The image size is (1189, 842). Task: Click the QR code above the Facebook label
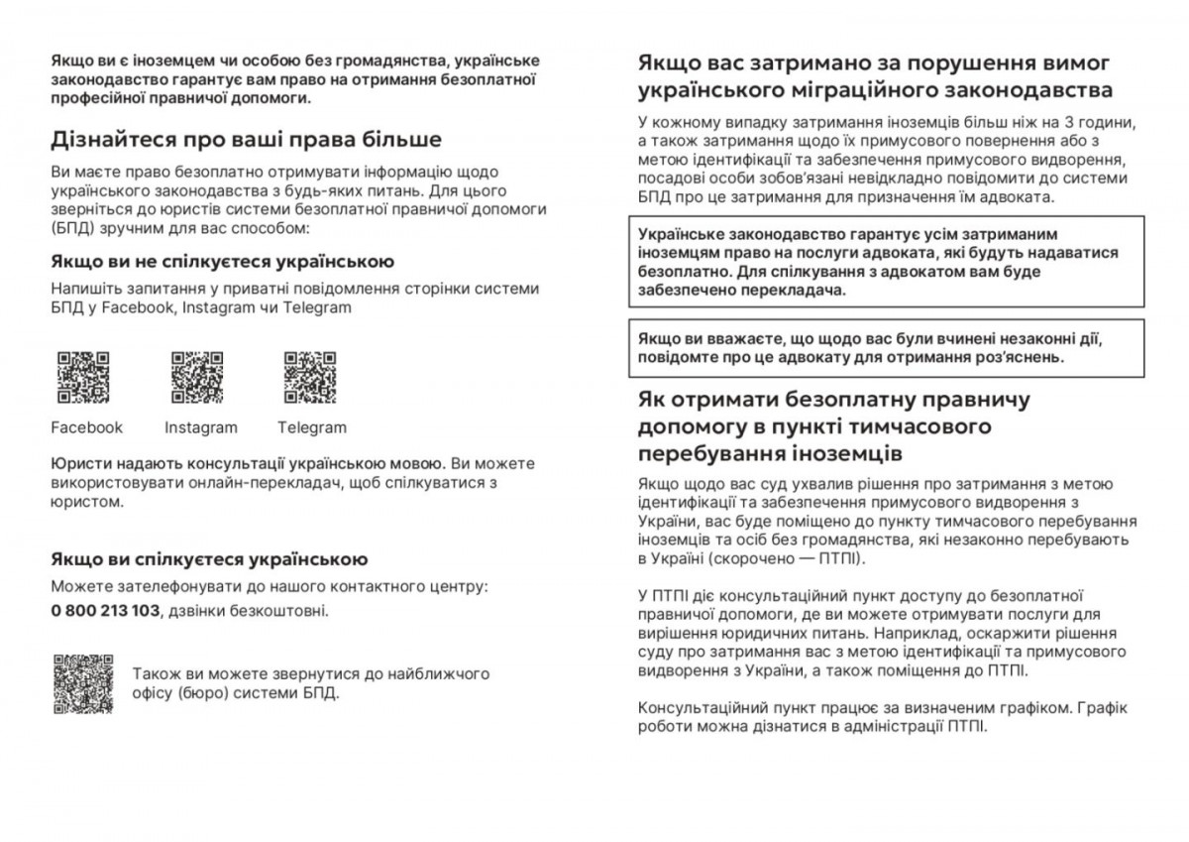pos(83,378)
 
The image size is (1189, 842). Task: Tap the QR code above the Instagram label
pos(196,378)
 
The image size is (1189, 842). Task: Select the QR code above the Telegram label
pos(310,378)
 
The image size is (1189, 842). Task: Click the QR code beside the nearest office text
pos(83,683)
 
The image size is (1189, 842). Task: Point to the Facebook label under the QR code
pos(87,427)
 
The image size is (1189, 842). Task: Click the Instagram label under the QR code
pos(201,427)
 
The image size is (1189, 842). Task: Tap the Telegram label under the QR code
pos(312,427)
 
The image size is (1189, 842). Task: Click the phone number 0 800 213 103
pos(105,610)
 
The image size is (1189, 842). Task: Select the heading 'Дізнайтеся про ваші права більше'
pos(247,139)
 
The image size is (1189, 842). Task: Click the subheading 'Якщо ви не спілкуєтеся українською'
pos(223,262)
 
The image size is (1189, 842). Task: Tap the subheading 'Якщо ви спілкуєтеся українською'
pos(209,559)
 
